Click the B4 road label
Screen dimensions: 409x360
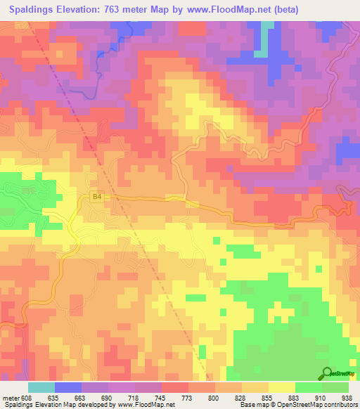click(97, 198)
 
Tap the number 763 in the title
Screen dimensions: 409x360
click(124, 10)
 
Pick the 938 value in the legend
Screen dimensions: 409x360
click(346, 397)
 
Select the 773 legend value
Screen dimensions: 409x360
click(188, 397)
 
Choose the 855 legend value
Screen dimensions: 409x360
click(267, 397)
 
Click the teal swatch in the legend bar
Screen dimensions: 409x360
click(41, 387)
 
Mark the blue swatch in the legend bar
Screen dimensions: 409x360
click(67, 387)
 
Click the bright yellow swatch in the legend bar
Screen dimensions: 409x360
click(281, 387)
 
